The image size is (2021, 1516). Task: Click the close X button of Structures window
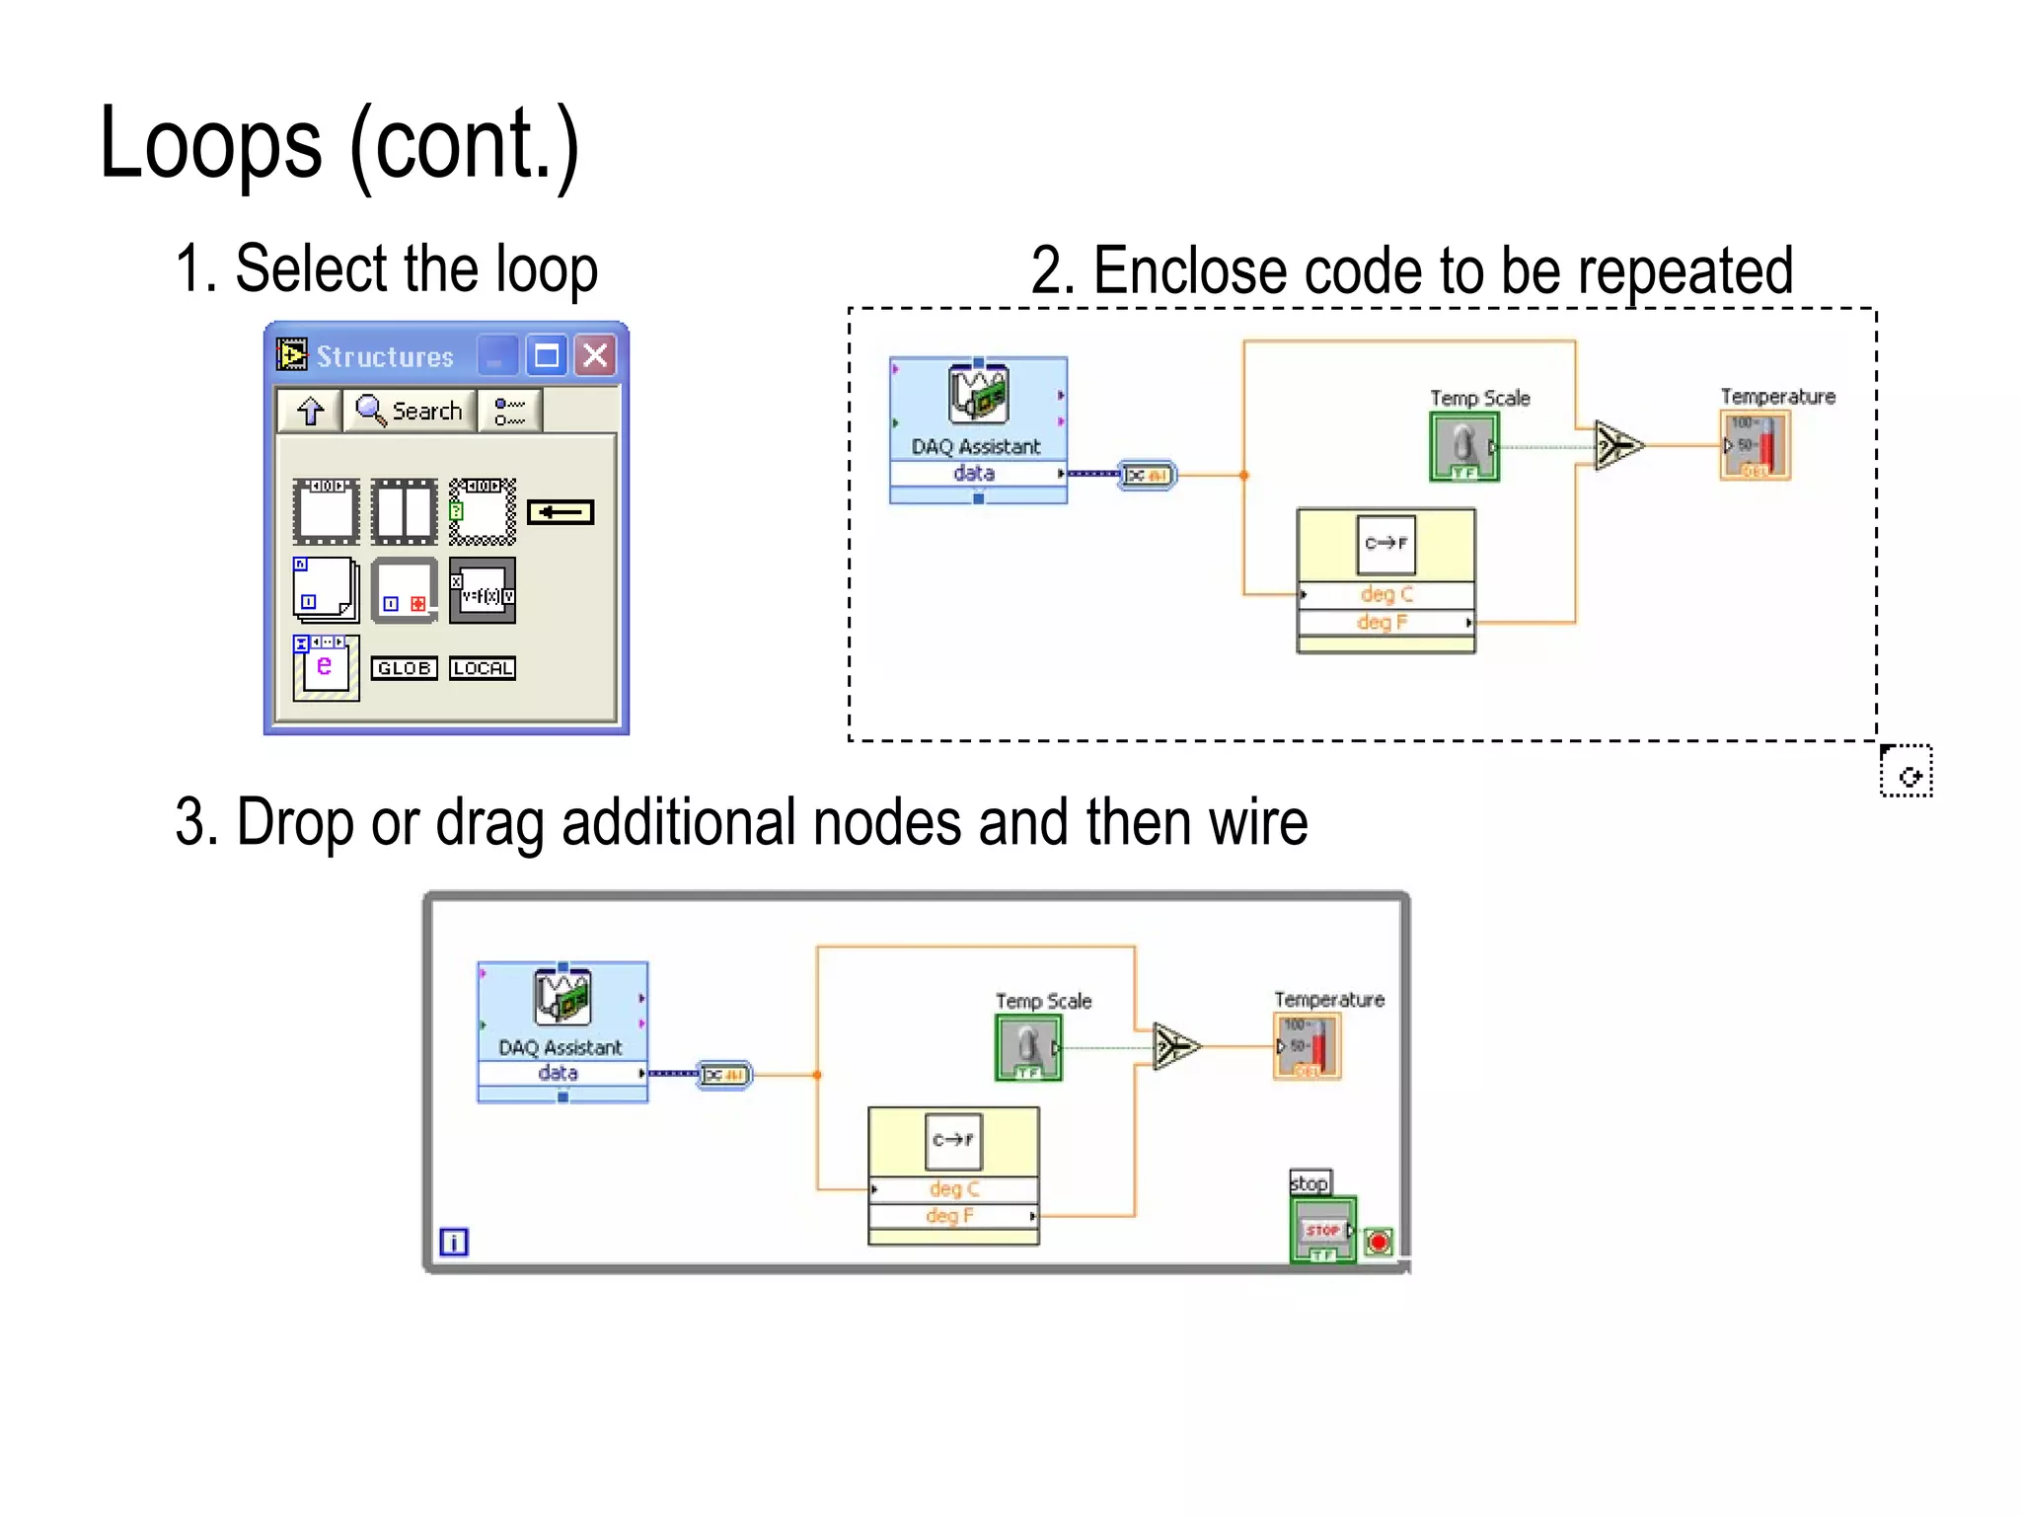pos(596,355)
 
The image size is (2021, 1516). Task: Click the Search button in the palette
pos(410,410)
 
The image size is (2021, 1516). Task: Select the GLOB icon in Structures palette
pos(404,668)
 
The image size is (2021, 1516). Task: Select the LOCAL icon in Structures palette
pos(482,668)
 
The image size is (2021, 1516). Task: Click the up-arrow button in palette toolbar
pos(311,410)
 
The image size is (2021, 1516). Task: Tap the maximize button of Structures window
pos(547,355)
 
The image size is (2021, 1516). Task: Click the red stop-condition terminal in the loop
pos(1379,1242)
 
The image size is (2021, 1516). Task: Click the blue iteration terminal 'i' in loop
pos(454,1242)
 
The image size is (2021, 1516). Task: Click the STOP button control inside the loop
pos(1322,1230)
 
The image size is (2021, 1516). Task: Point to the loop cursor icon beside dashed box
pos(1907,772)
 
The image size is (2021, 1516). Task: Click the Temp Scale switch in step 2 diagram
pos(1464,446)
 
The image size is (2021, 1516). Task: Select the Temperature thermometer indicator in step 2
pos(1755,446)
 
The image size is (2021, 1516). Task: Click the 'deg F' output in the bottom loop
pos(949,1216)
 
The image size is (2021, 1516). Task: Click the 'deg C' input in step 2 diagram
pos(1385,594)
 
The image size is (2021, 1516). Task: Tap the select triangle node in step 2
pos(1618,446)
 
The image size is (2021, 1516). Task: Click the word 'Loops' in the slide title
pos(210,145)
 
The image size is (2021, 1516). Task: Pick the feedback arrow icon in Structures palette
pos(561,511)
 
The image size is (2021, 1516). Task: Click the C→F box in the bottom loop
pos(953,1140)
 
